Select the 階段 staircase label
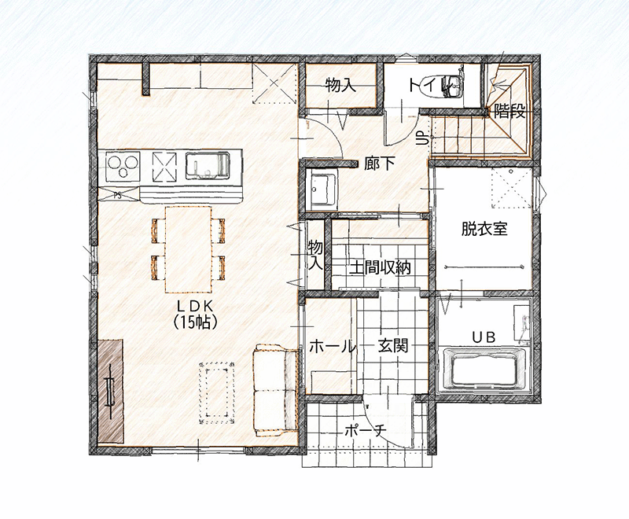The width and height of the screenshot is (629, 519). coord(509,112)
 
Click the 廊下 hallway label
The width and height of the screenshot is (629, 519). coord(380,164)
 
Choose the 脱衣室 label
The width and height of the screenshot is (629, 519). coord(484,229)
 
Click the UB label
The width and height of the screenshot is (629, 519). coord(484,337)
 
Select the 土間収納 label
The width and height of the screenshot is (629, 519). coord(380,267)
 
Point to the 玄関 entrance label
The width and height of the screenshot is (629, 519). coord(393,345)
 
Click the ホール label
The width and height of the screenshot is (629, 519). coord(333,346)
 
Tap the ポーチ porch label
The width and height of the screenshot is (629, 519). coord(365,431)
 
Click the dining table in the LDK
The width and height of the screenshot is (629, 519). coord(189,249)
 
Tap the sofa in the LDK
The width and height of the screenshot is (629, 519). coord(276,390)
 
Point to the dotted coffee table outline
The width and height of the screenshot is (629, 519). coord(217,392)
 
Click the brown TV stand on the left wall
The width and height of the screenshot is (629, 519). coord(110,392)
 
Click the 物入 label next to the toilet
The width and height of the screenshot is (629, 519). coord(341,85)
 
